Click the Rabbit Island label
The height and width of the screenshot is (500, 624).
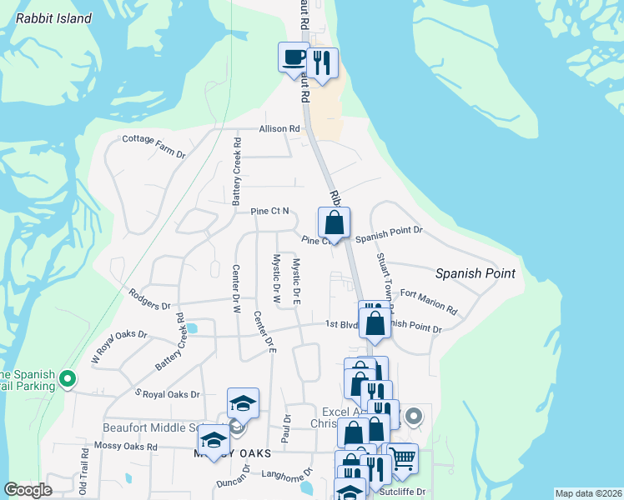pos(53,18)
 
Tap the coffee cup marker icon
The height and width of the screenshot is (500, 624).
pos(293,58)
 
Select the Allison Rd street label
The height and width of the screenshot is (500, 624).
pos(279,129)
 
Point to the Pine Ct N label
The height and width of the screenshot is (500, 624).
pos(269,212)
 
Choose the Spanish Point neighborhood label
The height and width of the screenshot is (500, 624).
pos(476,273)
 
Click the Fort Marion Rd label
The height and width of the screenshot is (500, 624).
pos(429,302)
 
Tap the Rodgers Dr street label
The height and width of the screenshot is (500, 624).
pos(149,298)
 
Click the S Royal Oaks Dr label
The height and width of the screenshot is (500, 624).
pos(167,393)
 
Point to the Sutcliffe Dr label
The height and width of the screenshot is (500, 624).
pos(403,492)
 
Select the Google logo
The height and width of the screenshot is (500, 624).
pos(28,490)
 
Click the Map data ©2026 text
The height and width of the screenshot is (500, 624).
pos(587,493)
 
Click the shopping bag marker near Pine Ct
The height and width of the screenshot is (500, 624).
pos(334,223)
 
